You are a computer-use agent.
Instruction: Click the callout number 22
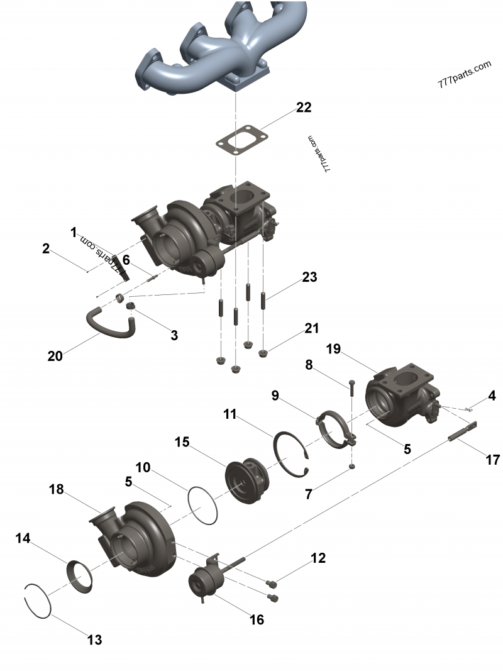pyautogui.click(x=303, y=108)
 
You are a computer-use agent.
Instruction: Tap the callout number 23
pyautogui.click(x=309, y=277)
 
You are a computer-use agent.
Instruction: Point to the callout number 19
pyautogui.click(x=333, y=350)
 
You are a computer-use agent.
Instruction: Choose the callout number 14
pyautogui.click(x=23, y=538)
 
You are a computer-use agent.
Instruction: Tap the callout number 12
pyautogui.click(x=319, y=558)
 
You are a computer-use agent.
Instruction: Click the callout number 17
pyautogui.click(x=493, y=460)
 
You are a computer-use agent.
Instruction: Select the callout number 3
pyautogui.click(x=174, y=335)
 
